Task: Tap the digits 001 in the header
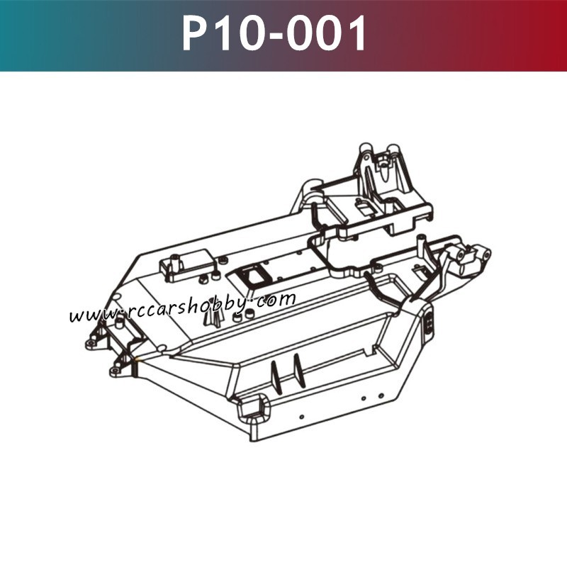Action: pyautogui.click(x=328, y=33)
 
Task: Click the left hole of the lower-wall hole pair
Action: pyautogui.click(x=363, y=400)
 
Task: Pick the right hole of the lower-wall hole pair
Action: pyautogui.click(x=381, y=395)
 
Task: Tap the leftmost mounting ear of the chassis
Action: pyautogui.click(x=91, y=344)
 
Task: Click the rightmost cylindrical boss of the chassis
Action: pyautogui.click(x=482, y=253)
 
